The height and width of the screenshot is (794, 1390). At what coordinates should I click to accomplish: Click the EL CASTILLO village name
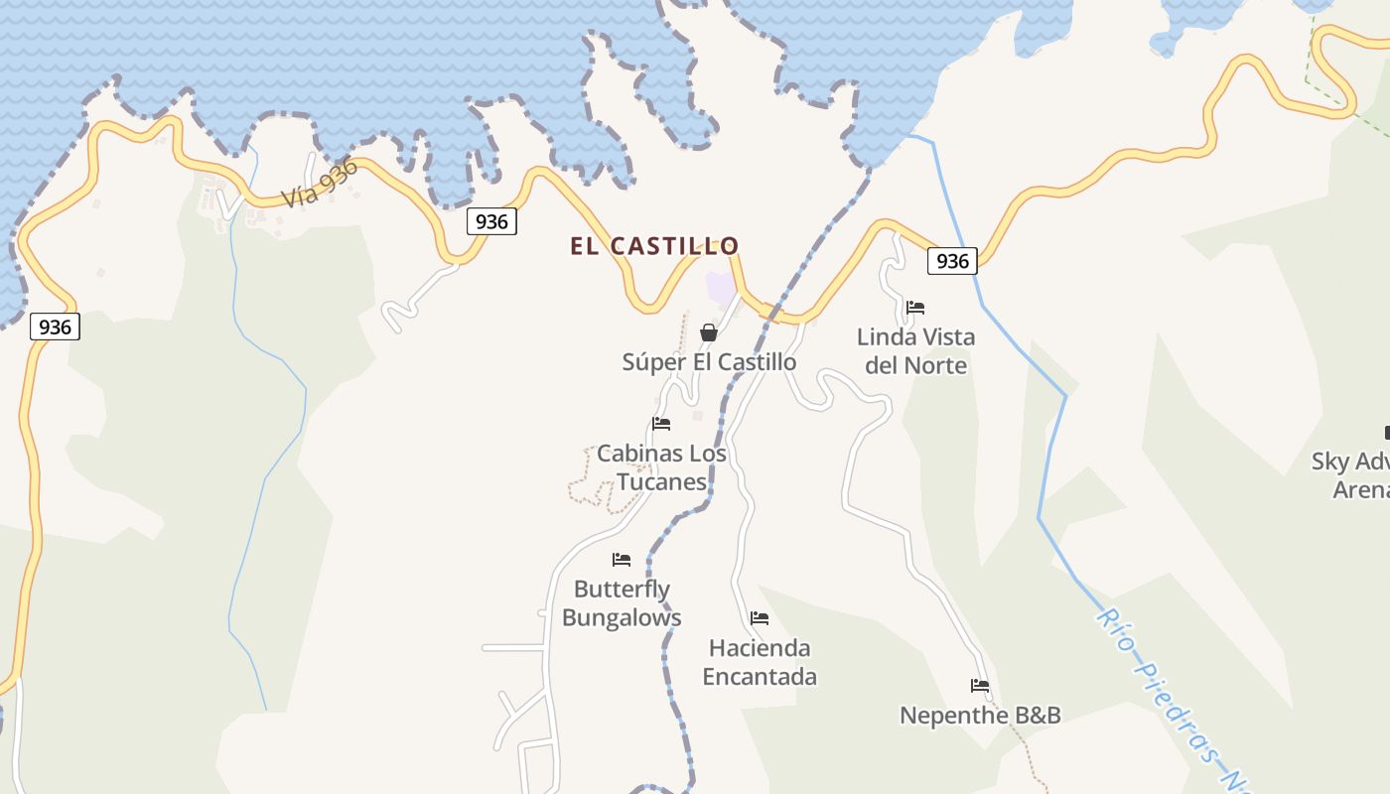[654, 246]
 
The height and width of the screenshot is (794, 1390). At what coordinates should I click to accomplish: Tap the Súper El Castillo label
[709, 362]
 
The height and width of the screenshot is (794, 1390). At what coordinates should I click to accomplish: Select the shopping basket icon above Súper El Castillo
[709, 332]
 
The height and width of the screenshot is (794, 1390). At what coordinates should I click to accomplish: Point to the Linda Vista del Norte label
[915, 351]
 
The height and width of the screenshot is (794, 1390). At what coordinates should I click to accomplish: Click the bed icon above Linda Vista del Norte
[915, 308]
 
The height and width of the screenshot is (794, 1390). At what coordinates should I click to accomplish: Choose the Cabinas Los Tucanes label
[661, 467]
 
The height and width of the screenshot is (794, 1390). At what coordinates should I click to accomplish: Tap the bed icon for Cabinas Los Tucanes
[661, 424]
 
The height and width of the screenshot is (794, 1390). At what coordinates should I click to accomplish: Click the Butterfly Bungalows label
[622, 603]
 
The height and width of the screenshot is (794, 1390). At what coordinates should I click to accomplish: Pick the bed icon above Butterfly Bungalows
[622, 560]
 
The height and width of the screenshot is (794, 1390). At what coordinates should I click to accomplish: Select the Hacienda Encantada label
[760, 662]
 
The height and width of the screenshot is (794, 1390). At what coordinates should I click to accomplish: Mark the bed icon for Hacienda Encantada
[760, 618]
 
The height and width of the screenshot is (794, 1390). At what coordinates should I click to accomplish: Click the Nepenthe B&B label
[980, 716]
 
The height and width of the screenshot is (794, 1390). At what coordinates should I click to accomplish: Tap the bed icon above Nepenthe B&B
[980, 686]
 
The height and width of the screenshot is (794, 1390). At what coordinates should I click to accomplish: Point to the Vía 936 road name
[320, 183]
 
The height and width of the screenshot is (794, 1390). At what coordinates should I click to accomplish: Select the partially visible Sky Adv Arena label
[1350, 475]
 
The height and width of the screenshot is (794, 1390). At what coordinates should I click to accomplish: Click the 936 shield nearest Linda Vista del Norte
[952, 261]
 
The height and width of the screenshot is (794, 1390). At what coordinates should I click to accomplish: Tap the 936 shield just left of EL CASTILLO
[491, 221]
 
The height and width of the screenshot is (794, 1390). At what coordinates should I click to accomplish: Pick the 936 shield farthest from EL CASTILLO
[55, 327]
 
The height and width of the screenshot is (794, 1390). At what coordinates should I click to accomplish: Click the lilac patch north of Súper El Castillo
[721, 287]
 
